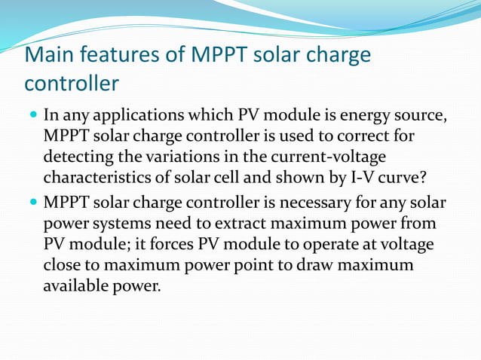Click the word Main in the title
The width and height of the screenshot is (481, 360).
pyautogui.click(x=49, y=55)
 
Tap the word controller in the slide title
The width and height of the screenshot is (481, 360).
pyautogui.click(x=72, y=82)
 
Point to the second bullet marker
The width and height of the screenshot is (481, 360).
pyautogui.click(x=32, y=204)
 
